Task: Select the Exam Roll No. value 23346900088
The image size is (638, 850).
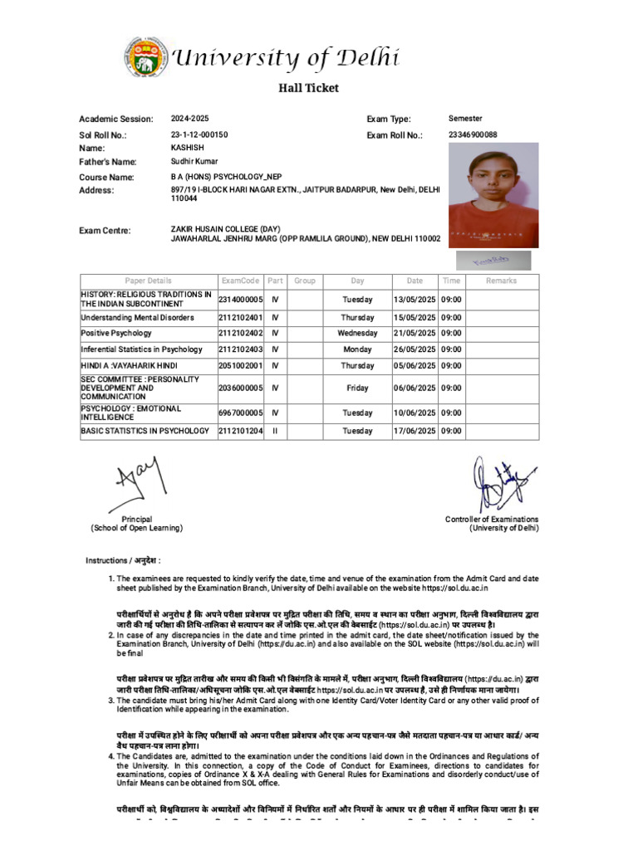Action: coord(473,134)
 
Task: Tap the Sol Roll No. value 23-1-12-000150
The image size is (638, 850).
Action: coord(199,134)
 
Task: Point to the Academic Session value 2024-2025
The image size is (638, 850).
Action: coord(191,119)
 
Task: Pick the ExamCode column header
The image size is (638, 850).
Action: coord(240,281)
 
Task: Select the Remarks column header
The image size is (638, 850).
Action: coord(501,281)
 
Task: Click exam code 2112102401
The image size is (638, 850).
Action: coord(240,317)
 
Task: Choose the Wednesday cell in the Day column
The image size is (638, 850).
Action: coord(357,333)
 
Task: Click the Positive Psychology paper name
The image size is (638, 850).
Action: coord(116,333)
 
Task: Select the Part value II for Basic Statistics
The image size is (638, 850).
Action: coord(276,431)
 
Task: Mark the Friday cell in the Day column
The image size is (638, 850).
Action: coord(357,388)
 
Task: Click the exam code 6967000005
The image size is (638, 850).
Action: coord(240,413)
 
